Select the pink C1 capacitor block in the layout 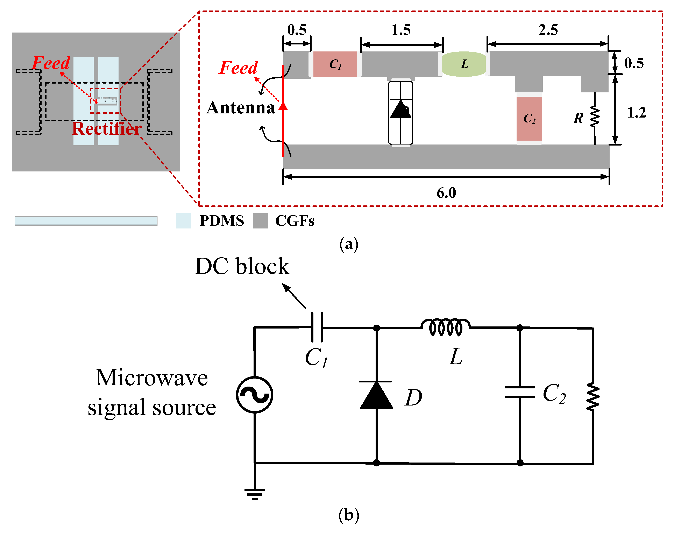coord(335,64)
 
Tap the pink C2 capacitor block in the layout coord(529,119)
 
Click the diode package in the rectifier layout coord(400,113)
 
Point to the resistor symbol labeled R coord(594,118)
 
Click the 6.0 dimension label coord(446,193)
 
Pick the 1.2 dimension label coord(637,113)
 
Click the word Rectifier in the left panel coord(107,128)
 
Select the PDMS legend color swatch coord(183,221)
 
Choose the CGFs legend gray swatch coord(260,221)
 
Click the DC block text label coord(242,266)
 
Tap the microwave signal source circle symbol coord(254,395)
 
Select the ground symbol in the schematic coord(254,494)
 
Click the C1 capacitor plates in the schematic coord(317,327)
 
